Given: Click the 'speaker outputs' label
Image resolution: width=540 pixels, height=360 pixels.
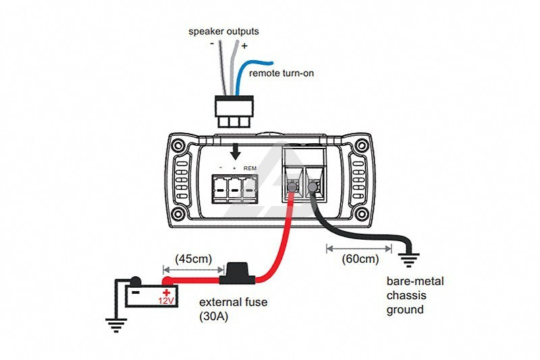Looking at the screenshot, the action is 223,31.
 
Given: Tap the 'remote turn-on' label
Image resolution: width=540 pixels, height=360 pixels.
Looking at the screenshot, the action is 281,73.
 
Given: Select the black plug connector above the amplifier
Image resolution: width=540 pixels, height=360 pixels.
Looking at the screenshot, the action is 234,111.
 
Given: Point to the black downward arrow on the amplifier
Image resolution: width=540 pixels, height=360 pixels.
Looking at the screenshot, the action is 236,151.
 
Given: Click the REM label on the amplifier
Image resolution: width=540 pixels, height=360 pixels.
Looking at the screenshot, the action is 250,168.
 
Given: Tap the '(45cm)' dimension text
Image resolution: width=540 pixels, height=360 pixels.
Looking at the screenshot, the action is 193,259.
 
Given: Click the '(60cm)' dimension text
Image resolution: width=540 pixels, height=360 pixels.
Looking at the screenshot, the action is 360,259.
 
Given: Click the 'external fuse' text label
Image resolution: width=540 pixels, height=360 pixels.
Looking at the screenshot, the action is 233,302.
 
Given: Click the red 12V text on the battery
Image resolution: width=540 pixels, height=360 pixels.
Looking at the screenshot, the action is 167,301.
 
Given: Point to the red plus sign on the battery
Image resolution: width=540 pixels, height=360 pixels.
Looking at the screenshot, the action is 167,293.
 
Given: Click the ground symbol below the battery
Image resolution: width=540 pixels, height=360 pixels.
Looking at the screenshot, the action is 116,325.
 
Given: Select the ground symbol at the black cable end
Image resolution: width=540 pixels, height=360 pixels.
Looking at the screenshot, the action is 409,261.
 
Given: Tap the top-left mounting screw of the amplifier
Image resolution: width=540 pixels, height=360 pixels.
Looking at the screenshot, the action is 178,145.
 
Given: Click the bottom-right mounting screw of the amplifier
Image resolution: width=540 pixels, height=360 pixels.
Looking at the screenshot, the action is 362,214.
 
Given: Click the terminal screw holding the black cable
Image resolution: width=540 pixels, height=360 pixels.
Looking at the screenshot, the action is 313,187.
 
